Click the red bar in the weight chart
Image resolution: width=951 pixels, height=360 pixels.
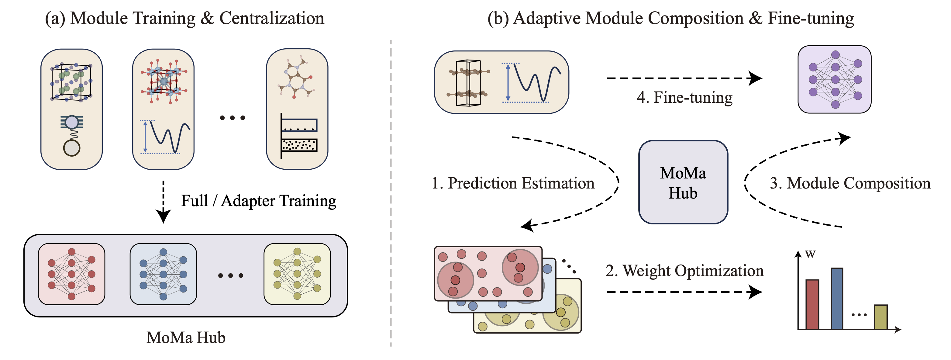pyautogui.click(x=812, y=304)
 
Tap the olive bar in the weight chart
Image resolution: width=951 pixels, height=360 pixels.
pyautogui.click(x=881, y=317)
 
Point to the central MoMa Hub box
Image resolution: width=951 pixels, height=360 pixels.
pyautogui.click(x=683, y=182)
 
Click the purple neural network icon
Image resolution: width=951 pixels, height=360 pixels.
pyautogui.click(x=835, y=79)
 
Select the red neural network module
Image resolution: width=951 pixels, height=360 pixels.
pyautogui.click(x=72, y=274)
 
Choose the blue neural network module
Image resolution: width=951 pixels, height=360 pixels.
pyautogui.click(x=163, y=274)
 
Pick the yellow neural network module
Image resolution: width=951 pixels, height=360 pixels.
pyautogui.click(x=297, y=274)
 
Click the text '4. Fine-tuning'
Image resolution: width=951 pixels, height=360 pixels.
pyautogui.click(x=685, y=98)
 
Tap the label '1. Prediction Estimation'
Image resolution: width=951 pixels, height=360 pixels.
pyautogui.click(x=513, y=183)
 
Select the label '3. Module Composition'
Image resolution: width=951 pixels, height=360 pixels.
pyautogui.click(x=850, y=183)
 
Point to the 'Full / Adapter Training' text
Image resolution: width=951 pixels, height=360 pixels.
pyautogui.click(x=258, y=201)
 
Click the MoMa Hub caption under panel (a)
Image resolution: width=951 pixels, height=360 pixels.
pyautogui.click(x=186, y=337)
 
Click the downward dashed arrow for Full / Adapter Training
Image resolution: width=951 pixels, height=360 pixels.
pyautogui.click(x=163, y=202)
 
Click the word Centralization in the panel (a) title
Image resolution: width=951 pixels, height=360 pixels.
pyautogui.click(x=272, y=18)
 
